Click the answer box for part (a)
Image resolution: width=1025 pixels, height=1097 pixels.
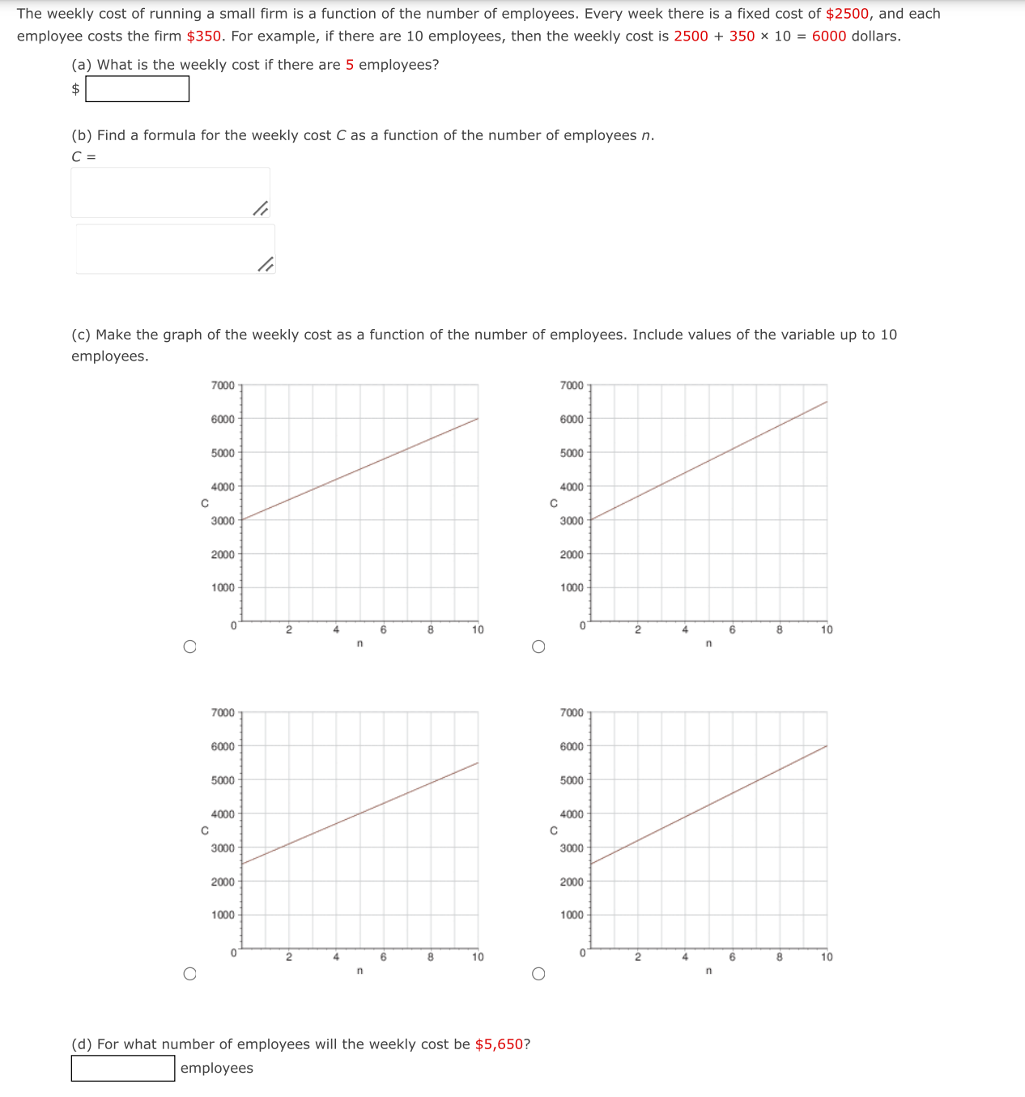[x=138, y=89]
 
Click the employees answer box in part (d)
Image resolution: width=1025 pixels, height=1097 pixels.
[x=123, y=1068]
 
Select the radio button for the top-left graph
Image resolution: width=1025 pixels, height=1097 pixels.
[x=189, y=647]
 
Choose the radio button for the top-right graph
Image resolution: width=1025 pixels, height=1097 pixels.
[x=538, y=647]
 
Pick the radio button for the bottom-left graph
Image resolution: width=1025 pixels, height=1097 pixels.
[x=189, y=974]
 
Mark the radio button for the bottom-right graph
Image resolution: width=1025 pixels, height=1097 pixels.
[x=538, y=974]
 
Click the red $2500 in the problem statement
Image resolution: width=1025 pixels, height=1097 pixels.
[x=847, y=14]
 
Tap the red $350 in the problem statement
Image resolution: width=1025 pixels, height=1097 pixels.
[x=204, y=36]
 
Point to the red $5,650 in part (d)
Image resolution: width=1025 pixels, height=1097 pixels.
[x=499, y=1044]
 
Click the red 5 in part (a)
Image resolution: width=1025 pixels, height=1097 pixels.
[x=350, y=65]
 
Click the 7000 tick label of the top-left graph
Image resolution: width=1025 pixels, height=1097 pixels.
[x=223, y=386]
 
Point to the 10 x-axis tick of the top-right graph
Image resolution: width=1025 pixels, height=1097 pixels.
[x=827, y=630]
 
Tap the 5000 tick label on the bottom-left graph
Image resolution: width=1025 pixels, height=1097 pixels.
[x=223, y=780]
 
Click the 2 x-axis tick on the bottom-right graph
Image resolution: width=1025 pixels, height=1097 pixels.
[x=637, y=957]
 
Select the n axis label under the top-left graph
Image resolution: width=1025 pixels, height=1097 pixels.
[x=359, y=643]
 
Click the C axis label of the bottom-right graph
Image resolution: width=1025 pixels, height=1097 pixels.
[x=554, y=830]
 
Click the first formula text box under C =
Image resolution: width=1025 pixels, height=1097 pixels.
[x=170, y=193]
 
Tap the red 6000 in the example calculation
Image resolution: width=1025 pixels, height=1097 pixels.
[x=829, y=36]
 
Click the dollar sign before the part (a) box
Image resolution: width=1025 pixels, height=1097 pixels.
[x=76, y=89]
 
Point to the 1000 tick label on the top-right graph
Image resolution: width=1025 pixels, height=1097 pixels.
[x=572, y=587]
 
